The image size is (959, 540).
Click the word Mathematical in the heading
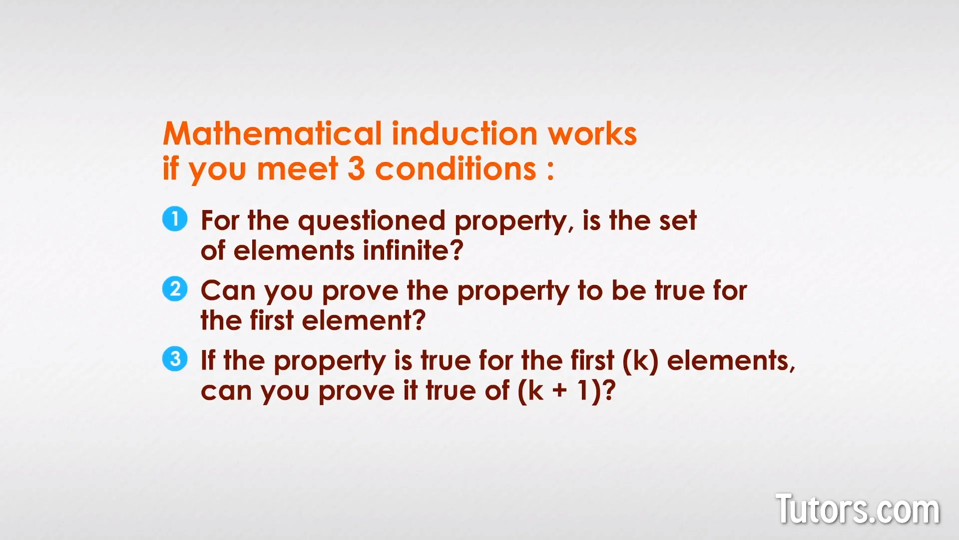(272, 134)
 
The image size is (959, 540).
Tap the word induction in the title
(465, 134)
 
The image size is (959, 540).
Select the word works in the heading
(592, 134)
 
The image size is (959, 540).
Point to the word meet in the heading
(298, 169)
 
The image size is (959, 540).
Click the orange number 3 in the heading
(356, 169)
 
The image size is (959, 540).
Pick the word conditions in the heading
(456, 169)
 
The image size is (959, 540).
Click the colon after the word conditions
(550, 171)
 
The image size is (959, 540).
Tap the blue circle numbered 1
(175, 219)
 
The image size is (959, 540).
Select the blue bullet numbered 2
(175, 289)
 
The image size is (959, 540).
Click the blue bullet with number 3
(175, 359)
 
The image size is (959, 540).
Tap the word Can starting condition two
(228, 290)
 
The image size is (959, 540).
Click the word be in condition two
(629, 290)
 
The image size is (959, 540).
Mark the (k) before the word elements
(640, 361)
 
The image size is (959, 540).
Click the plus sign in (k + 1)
(560, 391)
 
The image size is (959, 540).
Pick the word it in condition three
(410, 390)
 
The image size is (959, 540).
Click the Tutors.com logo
(857, 509)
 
